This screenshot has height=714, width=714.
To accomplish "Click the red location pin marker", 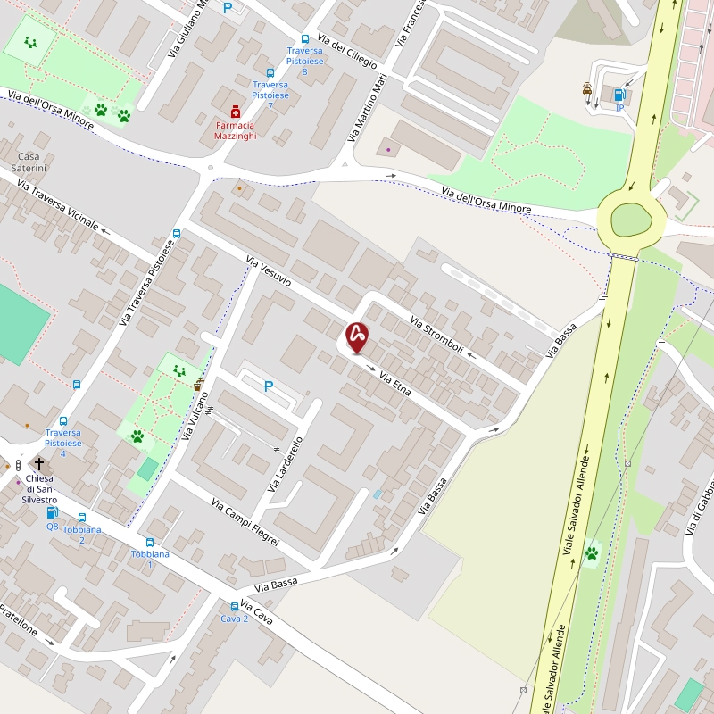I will [357, 336].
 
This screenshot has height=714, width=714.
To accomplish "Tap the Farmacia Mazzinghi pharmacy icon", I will [235, 112].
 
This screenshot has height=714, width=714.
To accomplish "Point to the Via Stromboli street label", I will [436, 334].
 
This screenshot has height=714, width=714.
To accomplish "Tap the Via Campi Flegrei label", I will [245, 522].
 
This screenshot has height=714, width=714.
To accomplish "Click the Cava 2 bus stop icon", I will [235, 607].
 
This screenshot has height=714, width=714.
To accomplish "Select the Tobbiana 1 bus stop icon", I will [149, 542].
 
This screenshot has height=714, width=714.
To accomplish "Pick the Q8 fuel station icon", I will [52, 513].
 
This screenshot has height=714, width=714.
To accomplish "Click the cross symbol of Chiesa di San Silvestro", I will [39, 463].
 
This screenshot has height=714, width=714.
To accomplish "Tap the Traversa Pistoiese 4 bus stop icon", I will [62, 421].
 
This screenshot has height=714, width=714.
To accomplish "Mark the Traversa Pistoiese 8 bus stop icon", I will [305, 39].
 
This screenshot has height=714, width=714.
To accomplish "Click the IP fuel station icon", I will [619, 95].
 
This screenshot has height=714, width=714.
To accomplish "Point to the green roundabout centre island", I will [631, 220].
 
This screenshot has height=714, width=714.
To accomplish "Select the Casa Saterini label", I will [28, 162].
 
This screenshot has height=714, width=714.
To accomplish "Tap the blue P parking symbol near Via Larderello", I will [268, 386].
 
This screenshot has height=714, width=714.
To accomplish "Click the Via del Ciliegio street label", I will [347, 53].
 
